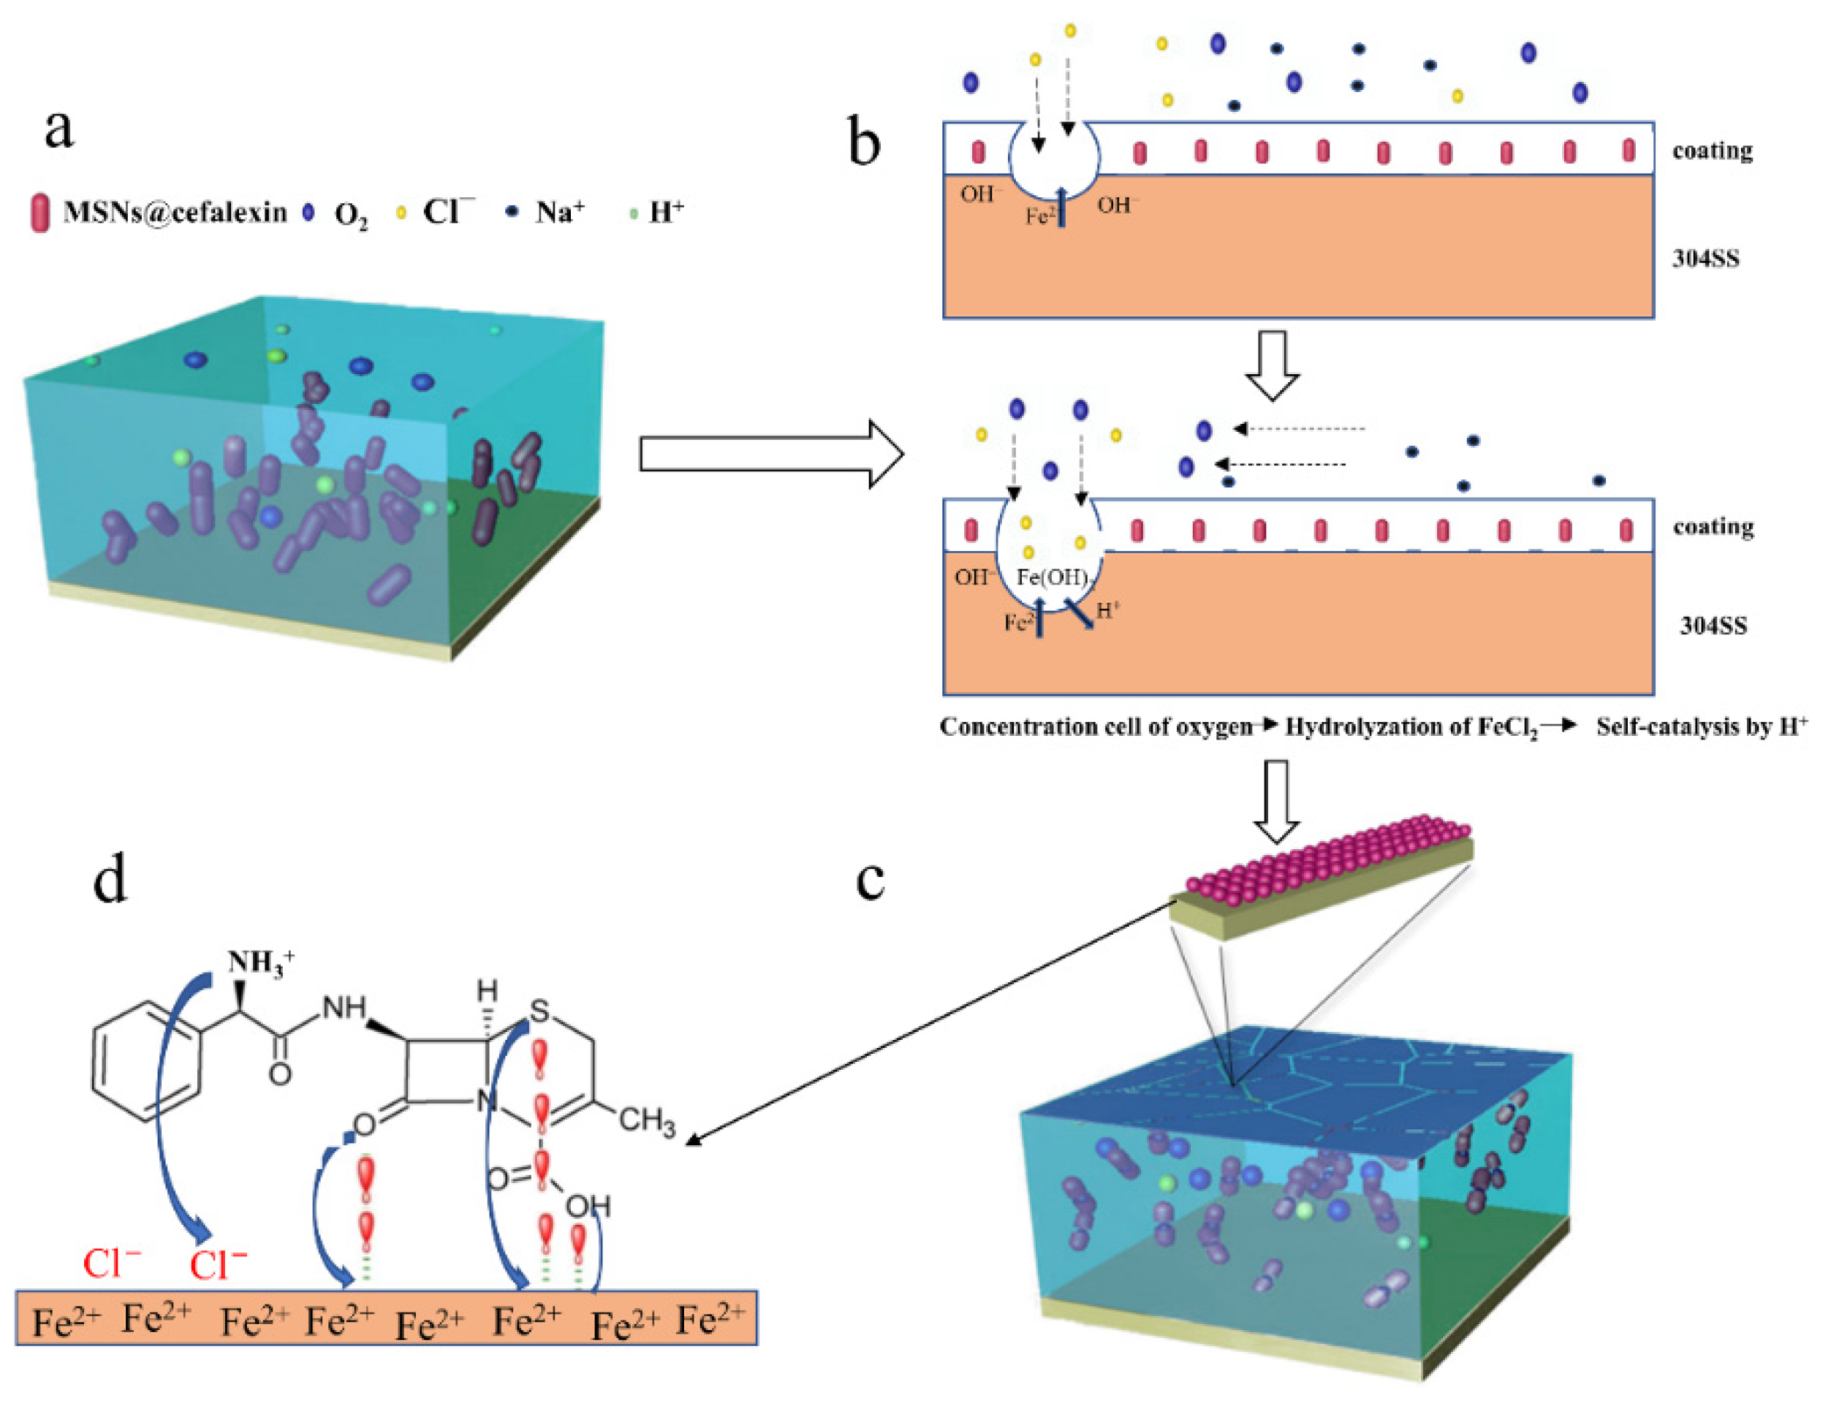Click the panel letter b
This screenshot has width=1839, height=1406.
863,142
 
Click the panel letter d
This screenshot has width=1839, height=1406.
110,881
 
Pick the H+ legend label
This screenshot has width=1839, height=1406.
665,212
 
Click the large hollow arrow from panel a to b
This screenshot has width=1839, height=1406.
770,454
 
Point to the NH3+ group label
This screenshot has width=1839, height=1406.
260,962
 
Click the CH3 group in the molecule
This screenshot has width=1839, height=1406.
646,1120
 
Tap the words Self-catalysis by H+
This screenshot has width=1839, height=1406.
1700,726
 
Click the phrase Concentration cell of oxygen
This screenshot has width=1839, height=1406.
1095,726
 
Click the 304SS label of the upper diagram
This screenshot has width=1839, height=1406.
1705,258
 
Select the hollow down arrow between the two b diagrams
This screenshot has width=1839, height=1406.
1273,365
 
